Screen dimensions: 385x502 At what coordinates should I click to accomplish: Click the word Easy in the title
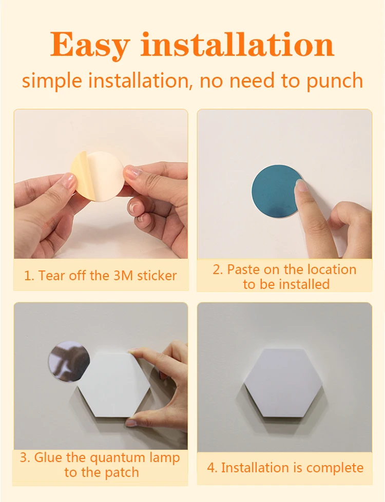(x=90, y=46)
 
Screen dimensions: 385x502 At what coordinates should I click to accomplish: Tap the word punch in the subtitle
(x=335, y=81)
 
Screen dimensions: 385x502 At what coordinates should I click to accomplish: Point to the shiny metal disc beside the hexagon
(x=69, y=361)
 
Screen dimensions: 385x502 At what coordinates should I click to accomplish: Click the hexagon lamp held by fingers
(x=114, y=384)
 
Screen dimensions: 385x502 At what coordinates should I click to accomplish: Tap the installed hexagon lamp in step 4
(x=283, y=383)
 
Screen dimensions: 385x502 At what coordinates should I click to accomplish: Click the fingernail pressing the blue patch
(x=302, y=185)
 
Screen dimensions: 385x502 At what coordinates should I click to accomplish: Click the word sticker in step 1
(x=157, y=276)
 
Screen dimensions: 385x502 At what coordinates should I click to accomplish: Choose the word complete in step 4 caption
(x=335, y=468)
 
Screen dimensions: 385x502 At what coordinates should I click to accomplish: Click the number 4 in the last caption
(x=211, y=468)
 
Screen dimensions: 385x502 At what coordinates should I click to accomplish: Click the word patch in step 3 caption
(x=122, y=473)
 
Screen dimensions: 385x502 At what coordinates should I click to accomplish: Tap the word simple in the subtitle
(x=52, y=81)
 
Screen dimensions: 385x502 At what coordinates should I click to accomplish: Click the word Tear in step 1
(x=51, y=276)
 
